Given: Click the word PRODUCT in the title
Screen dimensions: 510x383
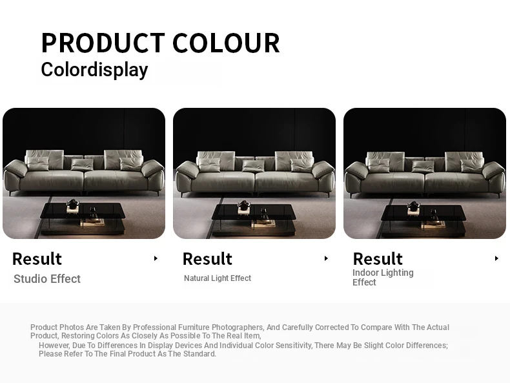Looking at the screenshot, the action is pyautogui.click(x=103, y=43).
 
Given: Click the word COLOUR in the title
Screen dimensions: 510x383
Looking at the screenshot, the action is pyautogui.click(x=226, y=43).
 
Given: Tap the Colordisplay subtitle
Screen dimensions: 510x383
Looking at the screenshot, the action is pyautogui.click(x=94, y=70).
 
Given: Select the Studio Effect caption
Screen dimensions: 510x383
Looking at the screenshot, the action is pyautogui.click(x=47, y=279).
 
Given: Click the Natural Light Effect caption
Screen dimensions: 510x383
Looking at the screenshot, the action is pyautogui.click(x=218, y=278).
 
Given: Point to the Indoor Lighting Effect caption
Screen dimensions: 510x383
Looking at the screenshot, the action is pyautogui.click(x=383, y=277).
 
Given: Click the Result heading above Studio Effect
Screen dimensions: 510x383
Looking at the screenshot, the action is pyautogui.click(x=37, y=259).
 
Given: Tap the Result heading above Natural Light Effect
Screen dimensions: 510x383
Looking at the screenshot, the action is pyautogui.click(x=207, y=259).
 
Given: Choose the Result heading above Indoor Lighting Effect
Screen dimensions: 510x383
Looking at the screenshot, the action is pyautogui.click(x=378, y=259).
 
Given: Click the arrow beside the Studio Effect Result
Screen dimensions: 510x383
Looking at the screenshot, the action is pyautogui.click(x=156, y=258).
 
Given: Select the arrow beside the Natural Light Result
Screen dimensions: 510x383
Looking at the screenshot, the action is pyautogui.click(x=326, y=258).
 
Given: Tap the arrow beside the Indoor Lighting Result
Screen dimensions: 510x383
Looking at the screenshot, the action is pyautogui.click(x=496, y=258).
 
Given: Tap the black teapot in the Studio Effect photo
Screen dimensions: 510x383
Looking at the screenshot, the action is pyautogui.click(x=72, y=203).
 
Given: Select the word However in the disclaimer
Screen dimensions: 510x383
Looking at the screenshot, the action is pyautogui.click(x=54, y=346).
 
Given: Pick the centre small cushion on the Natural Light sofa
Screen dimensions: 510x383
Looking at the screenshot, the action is pyautogui.click(x=253, y=166).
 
